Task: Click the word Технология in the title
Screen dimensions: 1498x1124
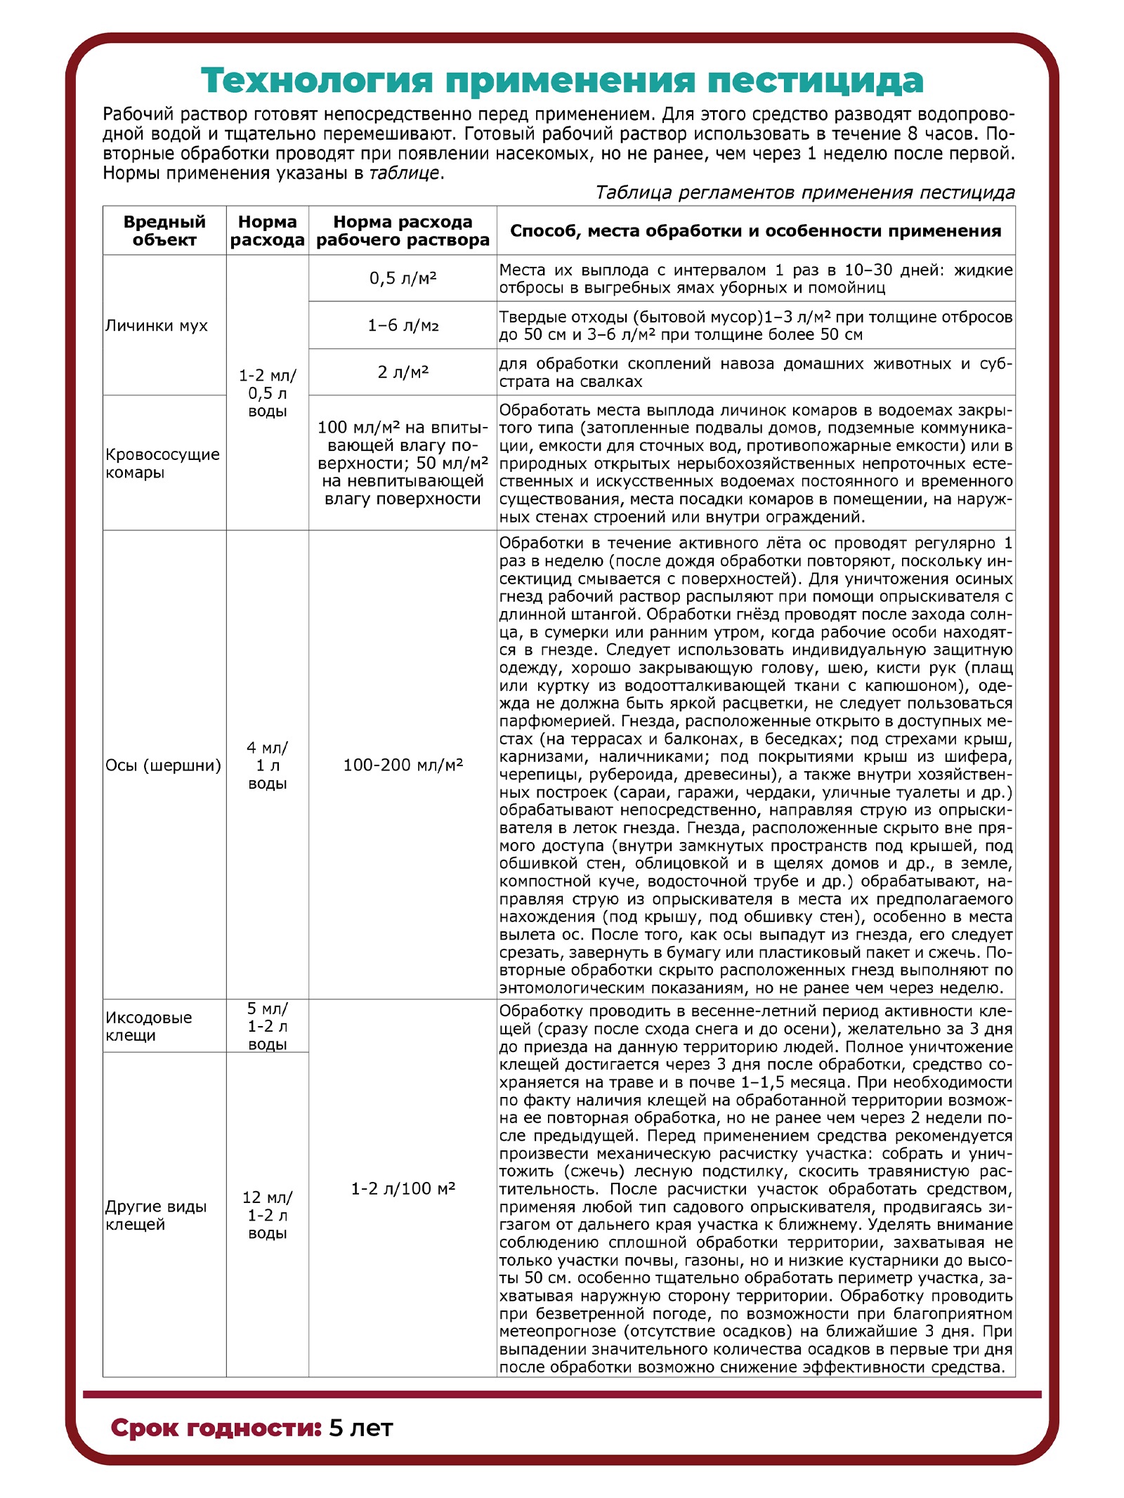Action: (316, 81)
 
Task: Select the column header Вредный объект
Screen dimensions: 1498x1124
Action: (164, 230)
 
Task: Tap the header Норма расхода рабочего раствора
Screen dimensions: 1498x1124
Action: (403, 230)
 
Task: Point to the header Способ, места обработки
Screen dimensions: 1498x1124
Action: (755, 231)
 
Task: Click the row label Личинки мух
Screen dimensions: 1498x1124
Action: (157, 325)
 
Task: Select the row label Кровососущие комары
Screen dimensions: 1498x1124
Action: (162, 463)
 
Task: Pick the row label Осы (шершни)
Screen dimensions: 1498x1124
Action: (163, 765)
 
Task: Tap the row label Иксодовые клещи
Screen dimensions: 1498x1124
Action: (149, 1026)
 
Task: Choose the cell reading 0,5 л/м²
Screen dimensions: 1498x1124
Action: (403, 278)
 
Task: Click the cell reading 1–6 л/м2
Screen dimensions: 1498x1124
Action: (403, 325)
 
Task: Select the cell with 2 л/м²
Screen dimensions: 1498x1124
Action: (403, 372)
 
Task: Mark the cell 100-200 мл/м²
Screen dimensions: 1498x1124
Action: (403, 765)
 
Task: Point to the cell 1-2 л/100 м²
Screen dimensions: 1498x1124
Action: (403, 1188)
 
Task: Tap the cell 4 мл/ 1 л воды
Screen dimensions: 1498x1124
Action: (267, 766)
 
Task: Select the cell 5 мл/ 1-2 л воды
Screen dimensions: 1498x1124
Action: (267, 1026)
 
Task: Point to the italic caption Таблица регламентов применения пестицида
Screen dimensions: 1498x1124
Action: (804, 192)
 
